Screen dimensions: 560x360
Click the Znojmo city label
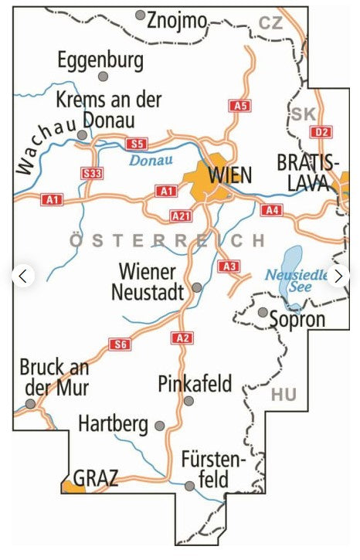tap(177, 21)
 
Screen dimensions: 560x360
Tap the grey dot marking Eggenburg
tap(103, 76)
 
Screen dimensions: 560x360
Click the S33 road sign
tap(92, 174)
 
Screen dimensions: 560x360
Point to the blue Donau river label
tap(151, 161)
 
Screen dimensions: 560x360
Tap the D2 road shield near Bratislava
tap(321, 132)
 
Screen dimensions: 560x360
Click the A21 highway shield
tap(180, 216)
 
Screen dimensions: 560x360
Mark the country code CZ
tap(270, 23)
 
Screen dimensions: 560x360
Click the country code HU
tap(284, 395)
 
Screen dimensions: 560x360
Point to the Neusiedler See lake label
tap(295, 280)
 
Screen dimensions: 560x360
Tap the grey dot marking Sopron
tap(263, 313)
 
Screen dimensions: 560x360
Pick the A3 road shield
tap(228, 266)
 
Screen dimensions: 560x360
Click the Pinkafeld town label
tap(194, 383)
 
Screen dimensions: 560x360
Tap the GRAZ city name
tap(96, 478)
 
